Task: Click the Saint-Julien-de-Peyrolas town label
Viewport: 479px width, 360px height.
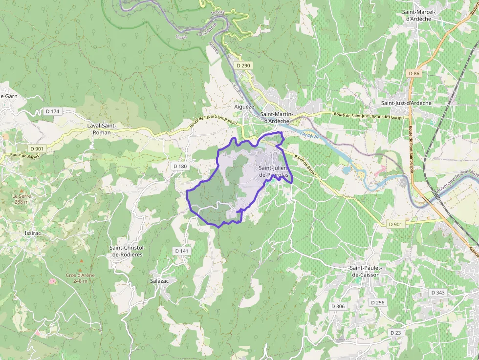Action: pos(274,171)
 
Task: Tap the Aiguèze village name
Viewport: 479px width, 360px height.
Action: pos(244,106)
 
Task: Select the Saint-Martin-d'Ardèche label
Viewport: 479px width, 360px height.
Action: pos(278,118)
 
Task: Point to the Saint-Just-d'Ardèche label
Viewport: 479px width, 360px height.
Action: pos(406,103)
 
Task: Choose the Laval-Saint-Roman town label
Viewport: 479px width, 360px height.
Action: pos(102,129)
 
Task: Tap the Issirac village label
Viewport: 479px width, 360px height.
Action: pos(33,233)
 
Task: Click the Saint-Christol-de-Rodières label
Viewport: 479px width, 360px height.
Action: pos(127,251)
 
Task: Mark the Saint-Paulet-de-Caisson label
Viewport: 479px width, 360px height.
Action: pos(365,271)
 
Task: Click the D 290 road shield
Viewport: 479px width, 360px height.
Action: pos(243,65)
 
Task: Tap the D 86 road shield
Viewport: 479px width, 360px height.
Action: pos(414,73)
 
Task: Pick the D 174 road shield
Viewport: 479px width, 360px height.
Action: pos(52,111)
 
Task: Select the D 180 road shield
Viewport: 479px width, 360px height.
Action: pos(180,166)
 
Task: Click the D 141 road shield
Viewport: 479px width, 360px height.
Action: pos(181,251)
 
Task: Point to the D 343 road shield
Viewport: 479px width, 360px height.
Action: pos(438,292)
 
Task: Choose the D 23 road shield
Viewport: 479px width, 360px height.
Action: pos(395,332)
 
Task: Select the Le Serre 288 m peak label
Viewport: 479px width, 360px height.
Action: pos(21,198)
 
